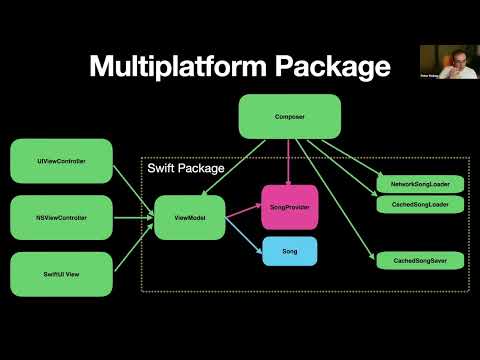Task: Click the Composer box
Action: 289,116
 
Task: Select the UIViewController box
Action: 60,161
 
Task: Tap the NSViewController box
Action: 60,217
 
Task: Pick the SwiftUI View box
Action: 60,273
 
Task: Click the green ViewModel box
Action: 189,217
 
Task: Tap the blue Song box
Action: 289,250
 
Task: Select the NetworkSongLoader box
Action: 420,185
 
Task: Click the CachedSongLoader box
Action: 420,204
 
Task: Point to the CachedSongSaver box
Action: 420,260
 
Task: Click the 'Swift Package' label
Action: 186,169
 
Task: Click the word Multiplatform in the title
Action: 173,67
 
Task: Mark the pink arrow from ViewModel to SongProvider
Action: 243,211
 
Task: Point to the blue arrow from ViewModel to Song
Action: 243,235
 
